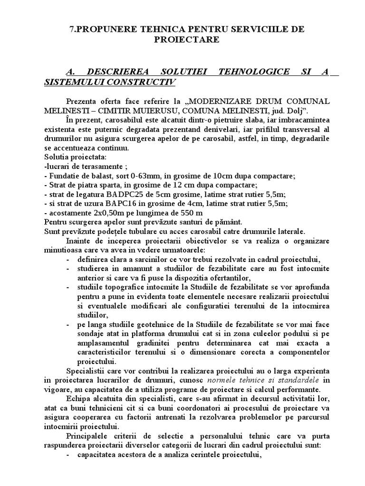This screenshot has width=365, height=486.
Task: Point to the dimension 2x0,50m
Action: click(103, 212)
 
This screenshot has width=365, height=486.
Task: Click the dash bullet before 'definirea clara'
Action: click(69, 259)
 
